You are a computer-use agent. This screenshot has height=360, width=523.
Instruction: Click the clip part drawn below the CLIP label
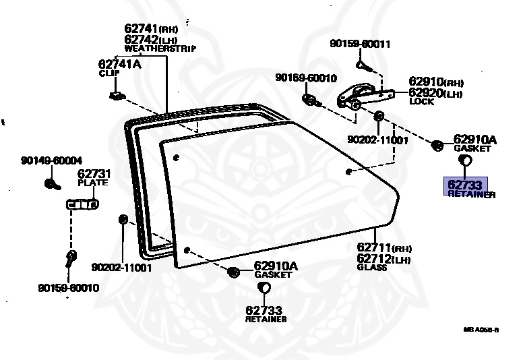tap(116, 95)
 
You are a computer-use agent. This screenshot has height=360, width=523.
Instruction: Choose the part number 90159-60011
tap(360, 44)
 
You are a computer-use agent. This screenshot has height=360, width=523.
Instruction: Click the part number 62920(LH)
tap(435, 92)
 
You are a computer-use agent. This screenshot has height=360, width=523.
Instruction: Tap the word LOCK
tap(421, 102)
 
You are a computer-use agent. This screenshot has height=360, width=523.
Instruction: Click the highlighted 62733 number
tap(464, 184)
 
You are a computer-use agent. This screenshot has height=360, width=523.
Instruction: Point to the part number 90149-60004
tap(51, 160)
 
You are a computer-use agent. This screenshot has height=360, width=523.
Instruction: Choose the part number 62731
tap(94, 174)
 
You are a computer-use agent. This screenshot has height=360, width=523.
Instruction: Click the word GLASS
tap(372, 268)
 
